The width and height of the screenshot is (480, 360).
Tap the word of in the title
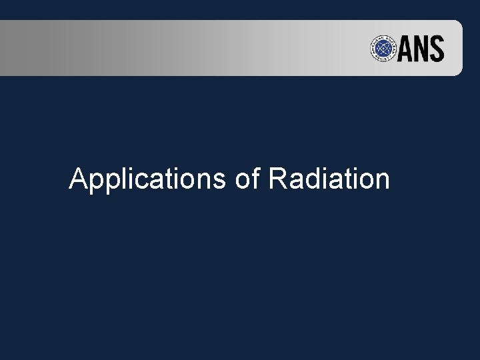click(x=247, y=179)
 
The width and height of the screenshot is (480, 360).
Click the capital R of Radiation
click(x=278, y=179)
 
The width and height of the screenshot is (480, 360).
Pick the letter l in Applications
click(x=122, y=179)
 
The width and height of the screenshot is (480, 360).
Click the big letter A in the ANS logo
click(x=405, y=49)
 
